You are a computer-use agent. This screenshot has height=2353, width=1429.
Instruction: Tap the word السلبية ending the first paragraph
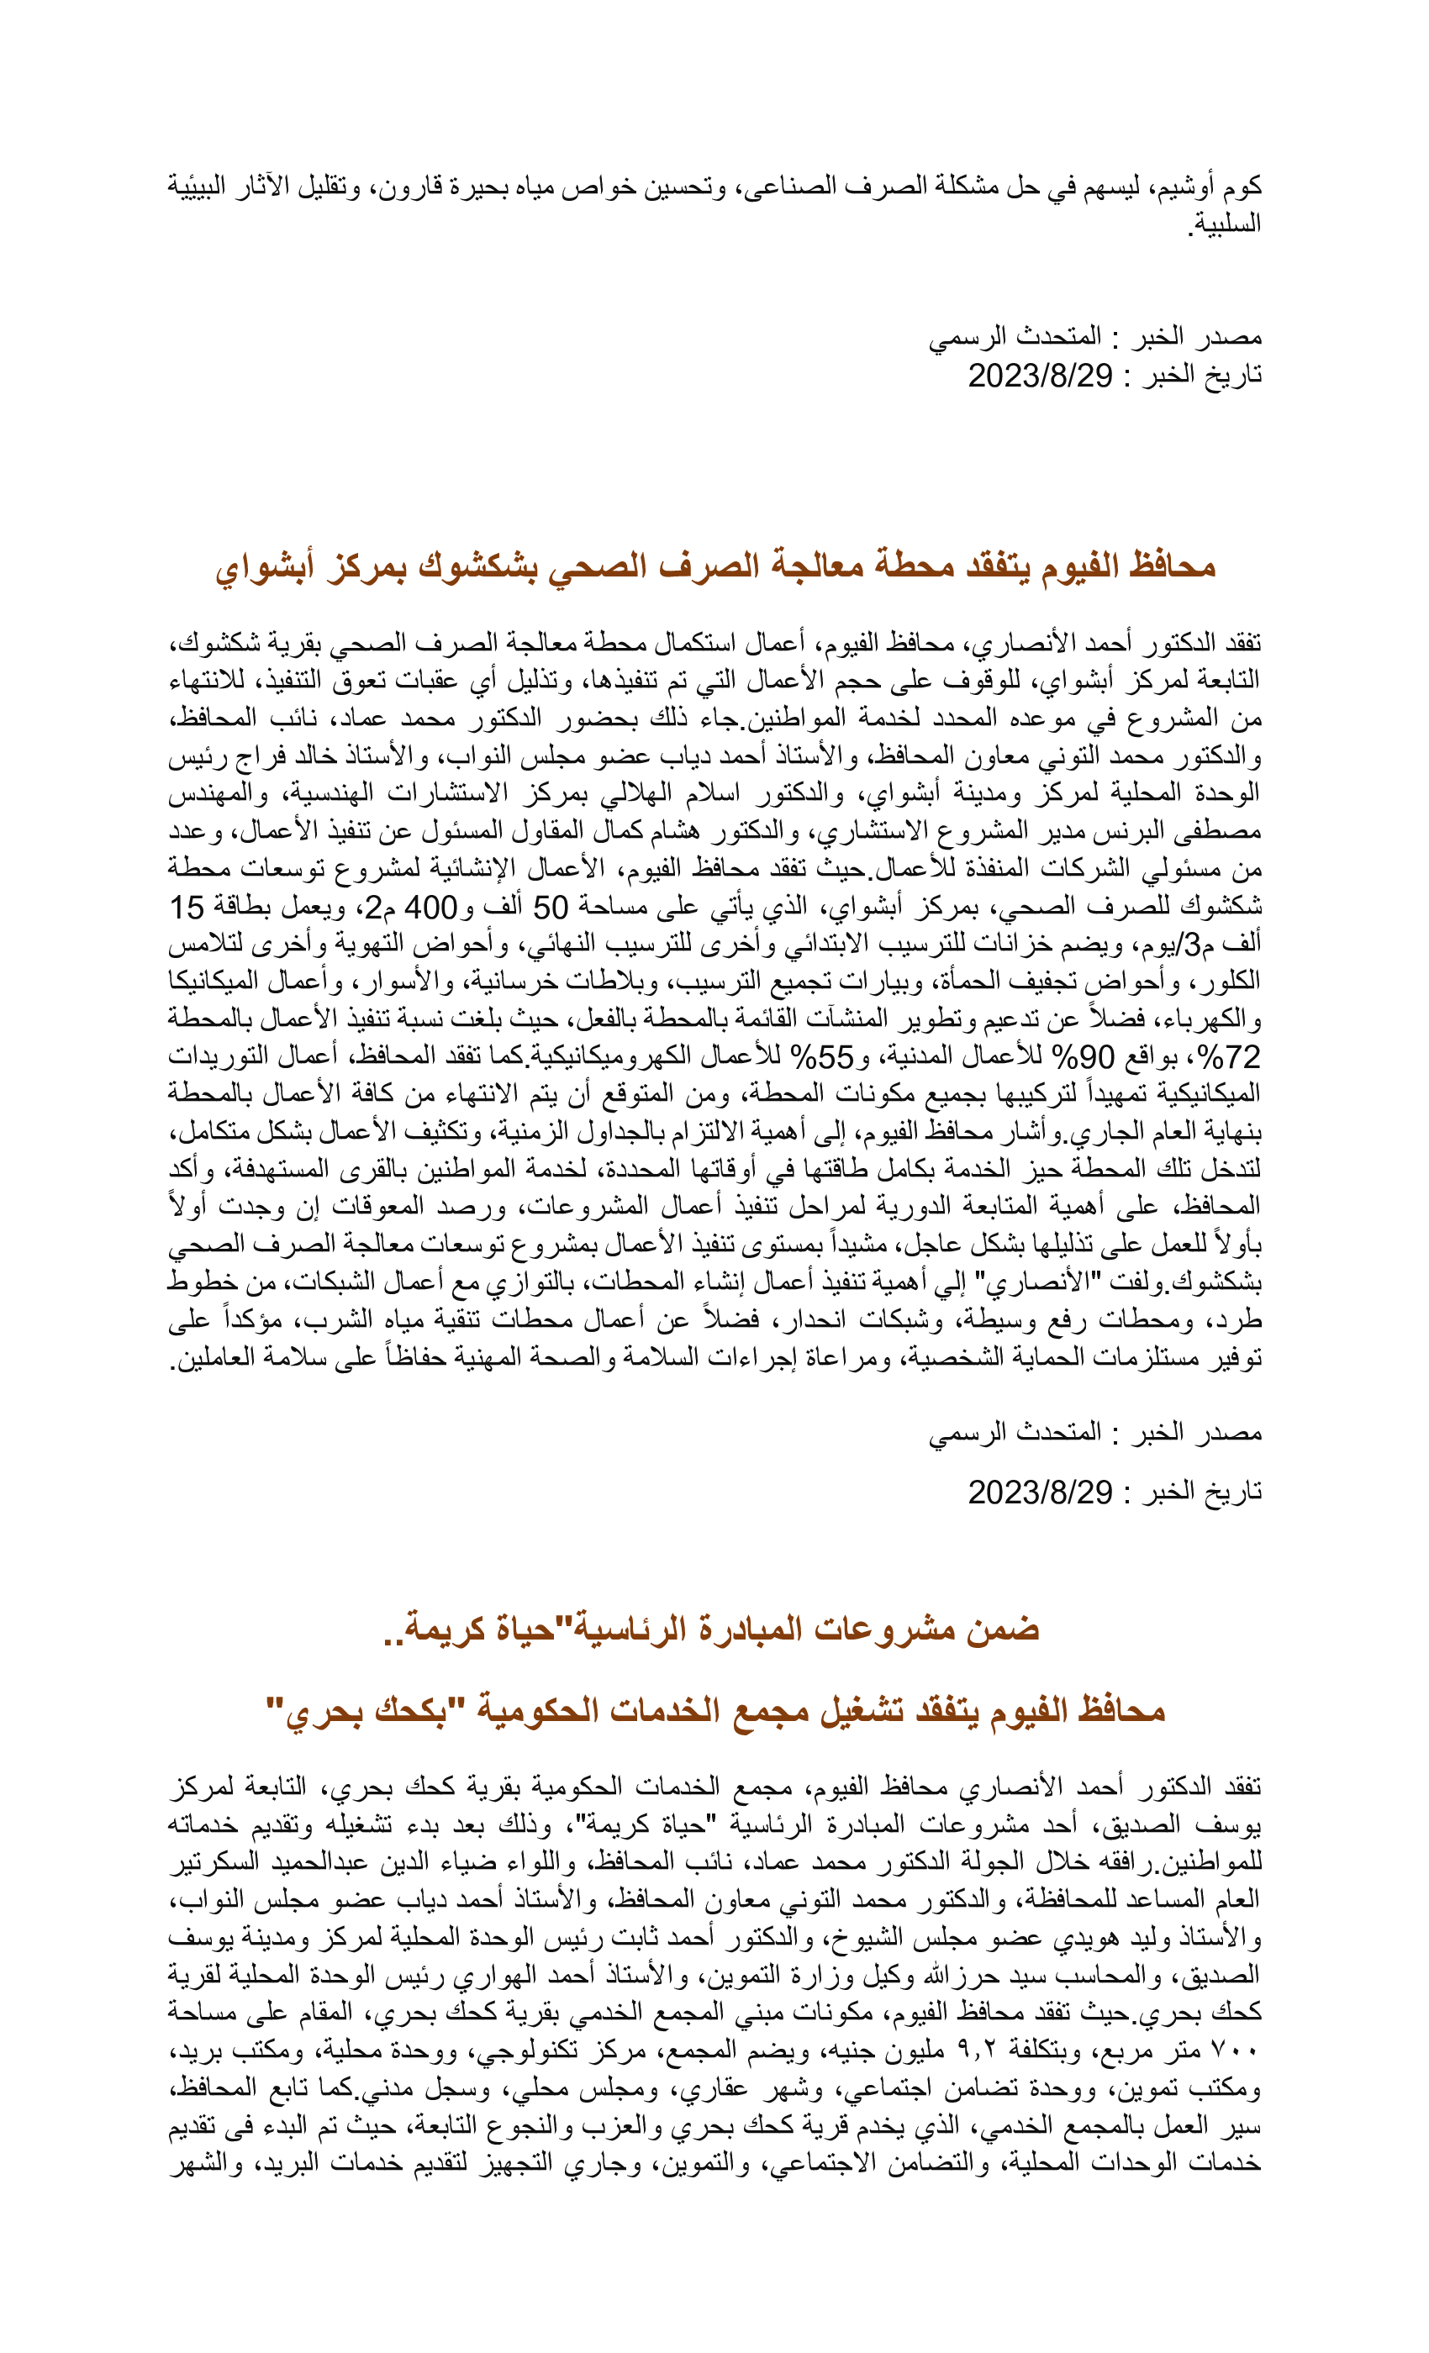point(1226,224)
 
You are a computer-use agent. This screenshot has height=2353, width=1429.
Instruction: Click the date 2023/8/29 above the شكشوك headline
point(1041,376)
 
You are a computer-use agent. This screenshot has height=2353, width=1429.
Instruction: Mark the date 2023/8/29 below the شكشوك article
point(1041,1492)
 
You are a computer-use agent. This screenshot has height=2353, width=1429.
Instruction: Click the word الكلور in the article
point(1226,982)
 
